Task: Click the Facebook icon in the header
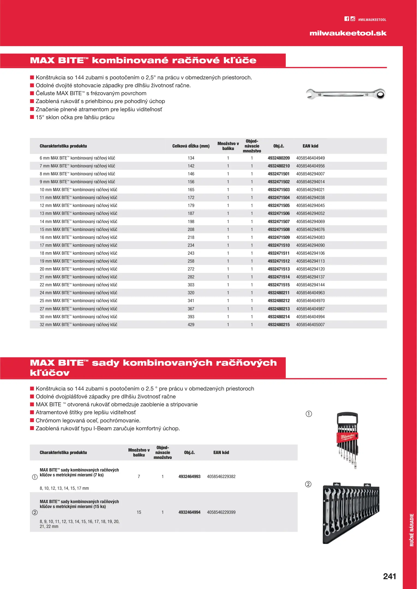pos(347,19)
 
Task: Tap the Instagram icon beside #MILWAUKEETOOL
pos(353,19)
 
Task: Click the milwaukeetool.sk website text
pos(348,33)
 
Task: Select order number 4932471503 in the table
pos(278,190)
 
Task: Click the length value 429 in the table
pos(191,325)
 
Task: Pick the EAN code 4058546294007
pos(310,174)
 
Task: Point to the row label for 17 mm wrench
pos(79,245)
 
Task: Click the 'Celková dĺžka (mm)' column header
pos(191,146)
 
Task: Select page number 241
pos(389,576)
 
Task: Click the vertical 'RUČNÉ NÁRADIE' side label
pos(412,530)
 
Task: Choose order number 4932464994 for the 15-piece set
pos(189,512)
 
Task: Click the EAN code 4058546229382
pos(221,477)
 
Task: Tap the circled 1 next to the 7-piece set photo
pos(309,414)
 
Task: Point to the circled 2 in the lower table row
pos(35,512)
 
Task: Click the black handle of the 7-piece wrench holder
pos(347,417)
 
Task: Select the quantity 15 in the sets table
pos(139,512)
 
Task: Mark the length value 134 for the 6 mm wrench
pos(191,158)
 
